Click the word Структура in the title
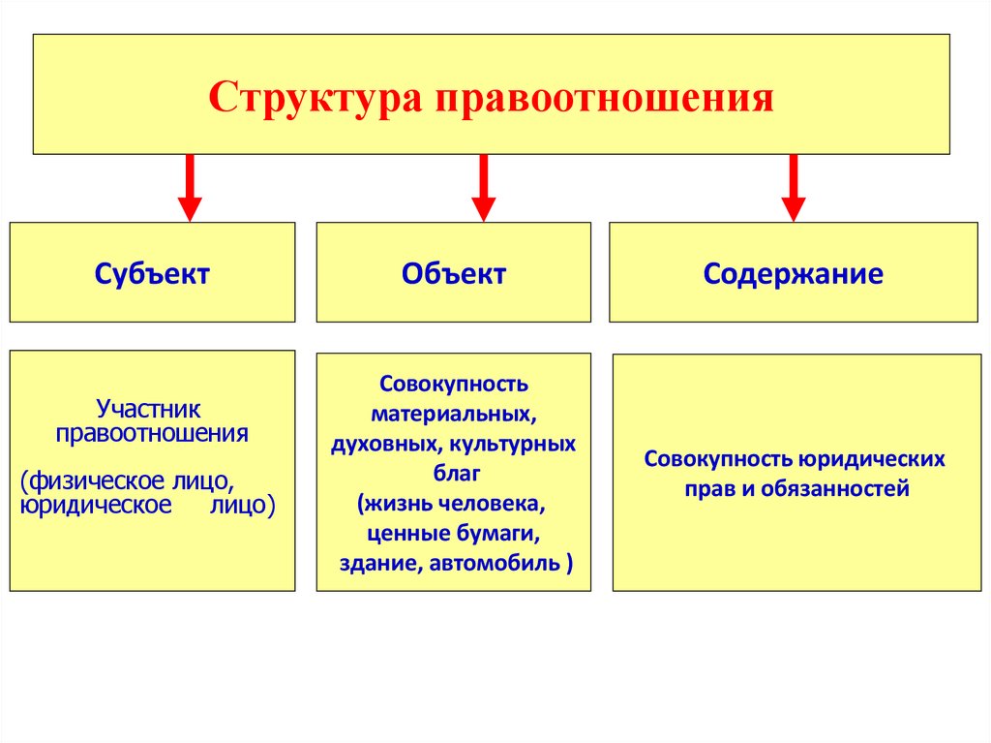coord(316,98)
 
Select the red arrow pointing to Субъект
coord(190,187)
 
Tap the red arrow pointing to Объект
coord(484,187)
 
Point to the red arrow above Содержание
coord(794,187)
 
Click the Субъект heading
coord(152,274)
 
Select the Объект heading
coord(454,274)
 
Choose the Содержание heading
coord(793,274)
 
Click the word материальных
coord(454,415)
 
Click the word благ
coord(453,475)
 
